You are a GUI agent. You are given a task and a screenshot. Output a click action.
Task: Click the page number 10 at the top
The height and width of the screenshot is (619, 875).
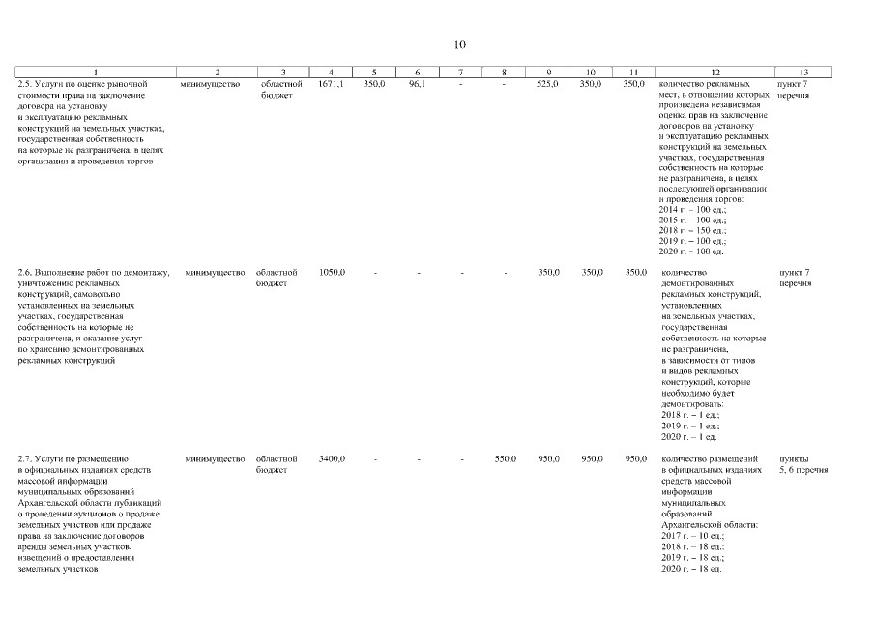coord(460,44)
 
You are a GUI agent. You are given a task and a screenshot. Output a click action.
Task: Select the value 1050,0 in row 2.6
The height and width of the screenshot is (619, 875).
coord(332,272)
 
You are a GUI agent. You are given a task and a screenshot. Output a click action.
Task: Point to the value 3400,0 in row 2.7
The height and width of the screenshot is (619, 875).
coord(332,458)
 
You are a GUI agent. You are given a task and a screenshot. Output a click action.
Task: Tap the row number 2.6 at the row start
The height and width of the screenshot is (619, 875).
coord(26,272)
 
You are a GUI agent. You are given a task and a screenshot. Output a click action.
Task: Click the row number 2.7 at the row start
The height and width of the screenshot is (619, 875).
coord(26,458)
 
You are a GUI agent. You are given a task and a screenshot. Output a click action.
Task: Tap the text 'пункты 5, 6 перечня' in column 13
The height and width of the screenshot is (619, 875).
coord(802,464)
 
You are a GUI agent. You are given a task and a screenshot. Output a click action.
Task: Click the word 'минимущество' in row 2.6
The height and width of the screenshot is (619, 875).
coord(215,272)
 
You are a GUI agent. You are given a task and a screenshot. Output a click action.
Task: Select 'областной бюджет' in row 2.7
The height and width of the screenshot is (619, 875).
coord(277,464)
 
